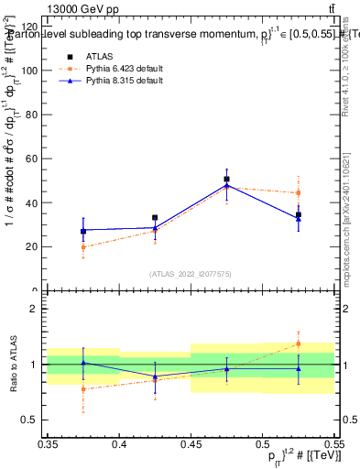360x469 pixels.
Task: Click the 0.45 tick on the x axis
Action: [x=191, y=443]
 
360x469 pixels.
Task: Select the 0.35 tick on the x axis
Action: [x=49, y=443]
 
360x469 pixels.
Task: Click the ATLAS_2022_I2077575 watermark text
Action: [x=191, y=273]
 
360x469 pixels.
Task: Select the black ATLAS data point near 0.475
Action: [x=226, y=180]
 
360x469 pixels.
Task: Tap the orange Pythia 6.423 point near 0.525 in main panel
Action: [x=298, y=193]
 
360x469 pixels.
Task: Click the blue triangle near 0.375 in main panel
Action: [x=83, y=230]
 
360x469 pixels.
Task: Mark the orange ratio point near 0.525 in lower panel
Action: [x=298, y=344]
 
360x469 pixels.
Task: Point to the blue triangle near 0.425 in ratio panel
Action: [x=155, y=376]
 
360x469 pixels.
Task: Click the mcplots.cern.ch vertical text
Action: [x=345, y=220]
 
